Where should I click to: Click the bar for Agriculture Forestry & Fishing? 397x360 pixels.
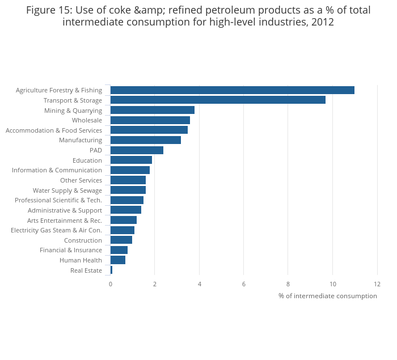[232, 90]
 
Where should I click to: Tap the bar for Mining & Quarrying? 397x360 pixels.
[152, 110]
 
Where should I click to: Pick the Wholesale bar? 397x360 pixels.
[150, 120]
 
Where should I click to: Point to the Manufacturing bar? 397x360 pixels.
[145, 140]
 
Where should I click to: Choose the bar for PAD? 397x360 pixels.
[137, 150]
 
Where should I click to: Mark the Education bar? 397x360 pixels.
[131, 160]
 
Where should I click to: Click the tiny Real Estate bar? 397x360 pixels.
[111, 270]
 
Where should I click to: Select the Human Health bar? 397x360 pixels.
[118, 260]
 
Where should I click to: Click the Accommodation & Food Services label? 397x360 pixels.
[54, 130]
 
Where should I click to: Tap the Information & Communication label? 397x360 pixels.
[57, 170]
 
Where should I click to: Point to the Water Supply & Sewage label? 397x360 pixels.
[67, 190]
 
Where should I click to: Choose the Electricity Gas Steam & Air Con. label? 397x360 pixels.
[56, 230]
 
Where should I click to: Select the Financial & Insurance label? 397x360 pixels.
[71, 250]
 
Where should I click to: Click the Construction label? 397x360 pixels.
[83, 240]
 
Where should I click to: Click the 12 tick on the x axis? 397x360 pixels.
[377, 283]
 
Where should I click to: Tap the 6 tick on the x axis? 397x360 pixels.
[244, 283]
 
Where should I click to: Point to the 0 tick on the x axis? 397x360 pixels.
[111, 283]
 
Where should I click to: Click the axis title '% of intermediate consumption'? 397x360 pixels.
[327, 296]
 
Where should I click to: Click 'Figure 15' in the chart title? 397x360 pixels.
[48, 10]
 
